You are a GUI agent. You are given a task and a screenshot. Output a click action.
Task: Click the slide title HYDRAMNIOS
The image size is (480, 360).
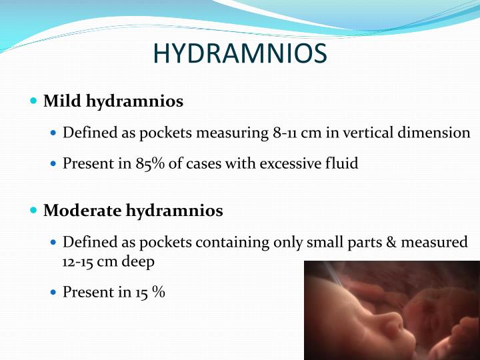coord(240,53)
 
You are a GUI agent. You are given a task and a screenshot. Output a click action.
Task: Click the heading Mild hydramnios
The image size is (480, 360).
coord(113,102)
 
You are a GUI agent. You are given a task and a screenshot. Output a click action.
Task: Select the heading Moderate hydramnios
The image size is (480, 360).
coord(133,211)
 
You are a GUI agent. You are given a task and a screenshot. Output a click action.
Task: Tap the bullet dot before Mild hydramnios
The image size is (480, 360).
coord(34,101)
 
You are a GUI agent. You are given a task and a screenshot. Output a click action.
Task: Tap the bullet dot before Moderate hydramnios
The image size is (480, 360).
coord(34,211)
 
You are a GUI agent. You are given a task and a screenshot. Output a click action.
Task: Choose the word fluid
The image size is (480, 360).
coord(341,163)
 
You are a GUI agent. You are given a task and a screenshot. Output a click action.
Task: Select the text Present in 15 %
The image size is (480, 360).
coord(113,292)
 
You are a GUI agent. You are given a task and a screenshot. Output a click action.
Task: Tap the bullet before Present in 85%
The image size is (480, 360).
coord(54,164)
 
